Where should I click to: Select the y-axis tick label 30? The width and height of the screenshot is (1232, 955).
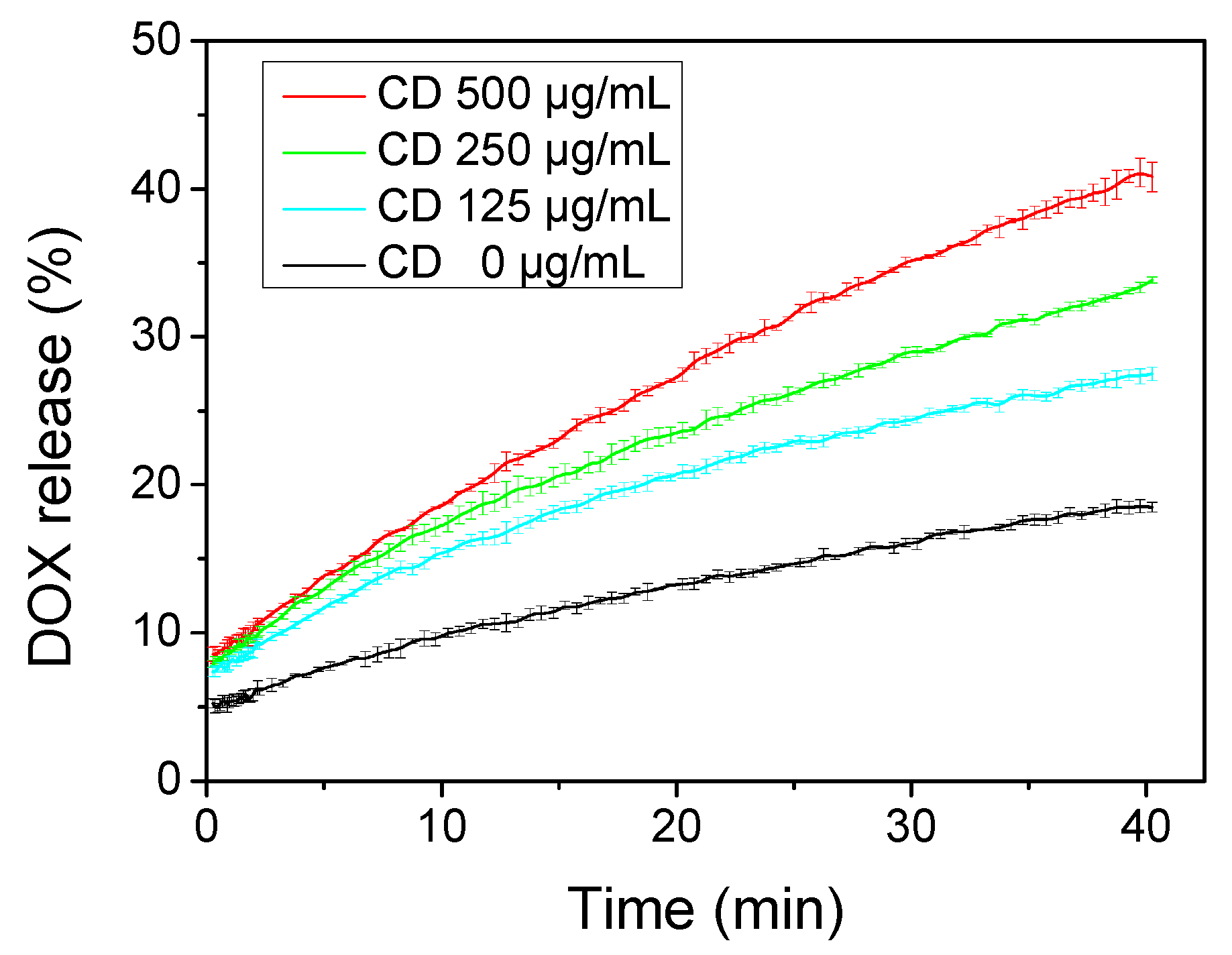[156, 336]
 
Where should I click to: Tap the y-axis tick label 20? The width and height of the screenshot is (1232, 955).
[156, 484]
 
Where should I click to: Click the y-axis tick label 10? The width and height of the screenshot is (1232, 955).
[156, 632]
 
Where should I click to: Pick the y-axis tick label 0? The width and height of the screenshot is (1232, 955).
[169, 780]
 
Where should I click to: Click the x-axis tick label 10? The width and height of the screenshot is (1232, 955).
[441, 826]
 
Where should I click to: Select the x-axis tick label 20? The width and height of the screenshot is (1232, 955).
[676, 826]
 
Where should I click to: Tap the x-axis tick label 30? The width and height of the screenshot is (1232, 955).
[911, 826]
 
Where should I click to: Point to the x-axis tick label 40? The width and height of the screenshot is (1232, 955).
[1145, 826]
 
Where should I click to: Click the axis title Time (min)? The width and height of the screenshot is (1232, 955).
[706, 910]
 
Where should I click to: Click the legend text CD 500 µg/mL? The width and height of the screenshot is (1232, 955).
[524, 94]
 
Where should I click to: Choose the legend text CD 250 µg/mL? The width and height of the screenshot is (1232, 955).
[524, 150]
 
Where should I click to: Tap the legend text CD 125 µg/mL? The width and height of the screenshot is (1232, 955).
[524, 206]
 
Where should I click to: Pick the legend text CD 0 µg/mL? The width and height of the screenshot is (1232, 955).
[511, 262]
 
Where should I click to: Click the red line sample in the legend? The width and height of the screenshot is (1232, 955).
[324, 96]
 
